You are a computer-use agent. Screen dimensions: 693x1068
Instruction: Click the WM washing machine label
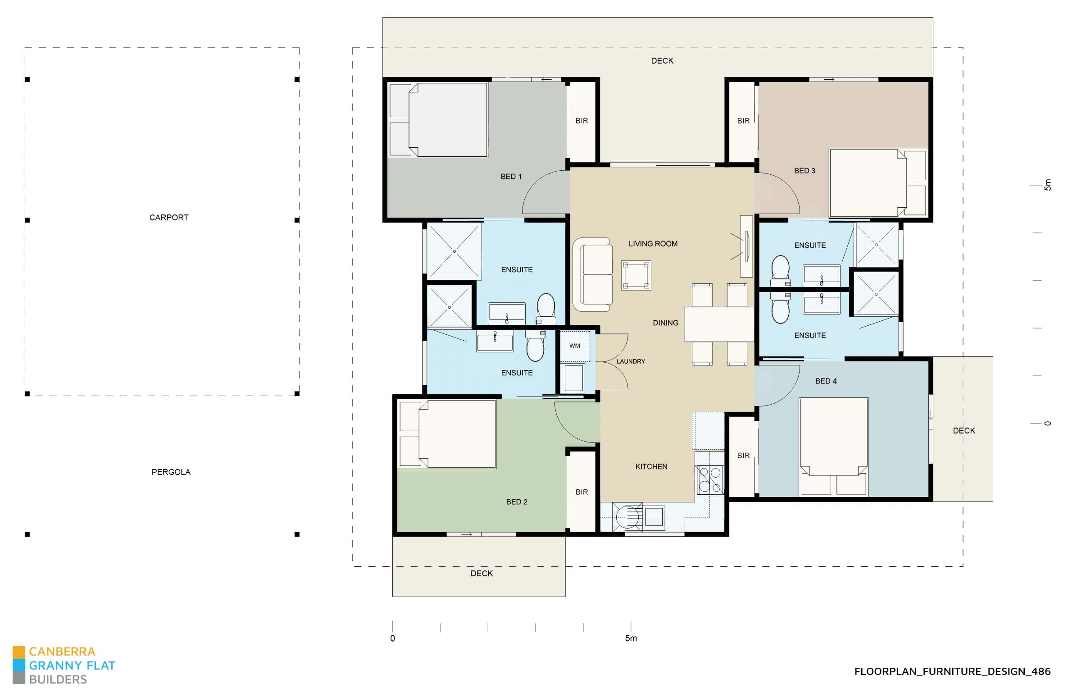pyautogui.click(x=574, y=346)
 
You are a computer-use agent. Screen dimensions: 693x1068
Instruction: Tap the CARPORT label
pyautogui.click(x=169, y=217)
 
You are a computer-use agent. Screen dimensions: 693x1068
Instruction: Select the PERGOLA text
pyautogui.click(x=171, y=472)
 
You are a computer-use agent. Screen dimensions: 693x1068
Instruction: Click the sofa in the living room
pyautogui.click(x=593, y=274)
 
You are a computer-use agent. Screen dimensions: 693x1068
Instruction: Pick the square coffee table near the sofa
pyautogui.click(x=636, y=275)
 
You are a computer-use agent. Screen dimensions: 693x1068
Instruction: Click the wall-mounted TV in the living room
pyautogui.click(x=746, y=246)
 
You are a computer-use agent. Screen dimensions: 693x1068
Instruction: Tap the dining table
pyautogui.click(x=719, y=324)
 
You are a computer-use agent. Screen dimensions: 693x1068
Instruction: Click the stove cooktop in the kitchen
pyautogui.click(x=710, y=479)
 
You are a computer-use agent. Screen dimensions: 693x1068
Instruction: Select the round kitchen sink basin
pyautogui.click(x=627, y=517)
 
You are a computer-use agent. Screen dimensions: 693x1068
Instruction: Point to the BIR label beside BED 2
pyautogui.click(x=582, y=492)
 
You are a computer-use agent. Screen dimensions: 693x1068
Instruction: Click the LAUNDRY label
pyautogui.click(x=631, y=361)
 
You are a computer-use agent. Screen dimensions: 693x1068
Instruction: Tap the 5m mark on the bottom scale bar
pyautogui.click(x=631, y=638)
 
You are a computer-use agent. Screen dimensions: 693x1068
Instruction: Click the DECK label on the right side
pyautogui.click(x=964, y=430)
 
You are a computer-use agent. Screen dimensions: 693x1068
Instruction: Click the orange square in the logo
pyautogui.click(x=19, y=652)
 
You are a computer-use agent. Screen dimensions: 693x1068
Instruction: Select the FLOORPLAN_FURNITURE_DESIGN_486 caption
pyautogui.click(x=952, y=671)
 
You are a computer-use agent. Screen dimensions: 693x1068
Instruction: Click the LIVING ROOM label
pyautogui.click(x=653, y=243)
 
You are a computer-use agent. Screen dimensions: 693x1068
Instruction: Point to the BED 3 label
pyautogui.click(x=804, y=170)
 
